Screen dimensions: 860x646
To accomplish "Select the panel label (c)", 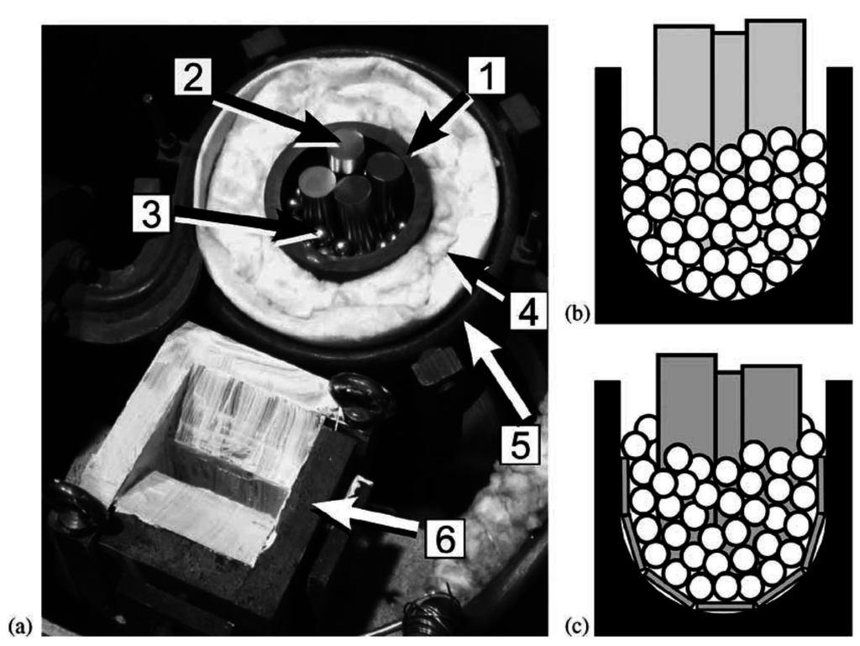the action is pyautogui.click(x=577, y=626).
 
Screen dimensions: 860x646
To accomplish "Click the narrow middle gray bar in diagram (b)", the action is pyautogui.click(x=730, y=87).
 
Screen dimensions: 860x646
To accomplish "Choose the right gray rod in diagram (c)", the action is pyautogui.click(x=771, y=407).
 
